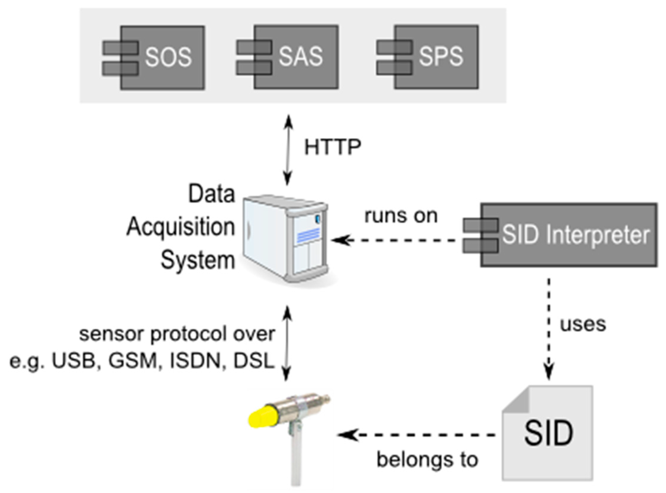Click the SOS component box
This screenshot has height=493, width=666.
point(163,57)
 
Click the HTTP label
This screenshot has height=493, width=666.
point(333,147)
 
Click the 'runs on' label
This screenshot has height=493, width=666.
point(401,216)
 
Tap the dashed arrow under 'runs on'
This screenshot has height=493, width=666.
point(394,240)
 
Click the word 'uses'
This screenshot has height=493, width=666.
point(583,324)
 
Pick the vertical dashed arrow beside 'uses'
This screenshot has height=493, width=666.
point(549,328)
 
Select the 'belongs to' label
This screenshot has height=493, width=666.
point(427,460)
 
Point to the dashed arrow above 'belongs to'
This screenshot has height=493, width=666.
point(418,435)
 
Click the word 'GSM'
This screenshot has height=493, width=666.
point(133,361)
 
